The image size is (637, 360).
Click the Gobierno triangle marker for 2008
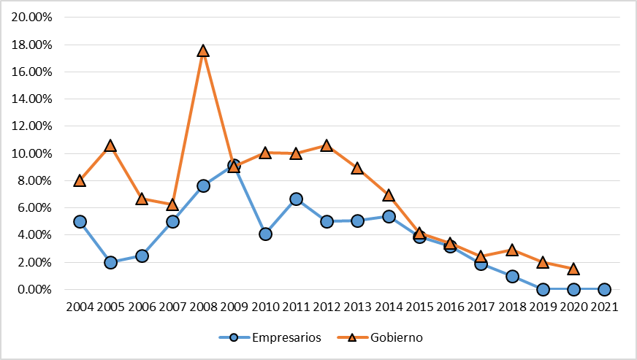[203, 51]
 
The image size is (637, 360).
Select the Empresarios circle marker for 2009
[234, 166]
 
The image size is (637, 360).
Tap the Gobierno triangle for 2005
[110, 146]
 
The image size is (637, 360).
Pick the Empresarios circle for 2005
[110, 262]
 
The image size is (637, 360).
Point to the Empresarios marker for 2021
[604, 289]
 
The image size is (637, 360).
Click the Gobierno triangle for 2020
[573, 269]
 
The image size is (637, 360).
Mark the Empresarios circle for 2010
[265, 234]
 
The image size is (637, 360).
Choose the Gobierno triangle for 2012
[327, 146]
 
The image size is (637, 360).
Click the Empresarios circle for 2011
[296, 199]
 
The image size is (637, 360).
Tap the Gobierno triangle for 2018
[512, 250]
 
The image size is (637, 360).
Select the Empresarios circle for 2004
[80, 221]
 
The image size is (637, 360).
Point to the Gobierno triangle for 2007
[172, 205]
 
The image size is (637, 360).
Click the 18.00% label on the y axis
[31, 45]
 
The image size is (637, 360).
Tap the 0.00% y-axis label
[34, 290]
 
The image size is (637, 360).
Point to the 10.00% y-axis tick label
[31, 153]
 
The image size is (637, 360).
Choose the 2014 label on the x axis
[389, 307]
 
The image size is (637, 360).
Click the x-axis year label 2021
[604, 307]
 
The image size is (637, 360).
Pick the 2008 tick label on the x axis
[203, 307]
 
